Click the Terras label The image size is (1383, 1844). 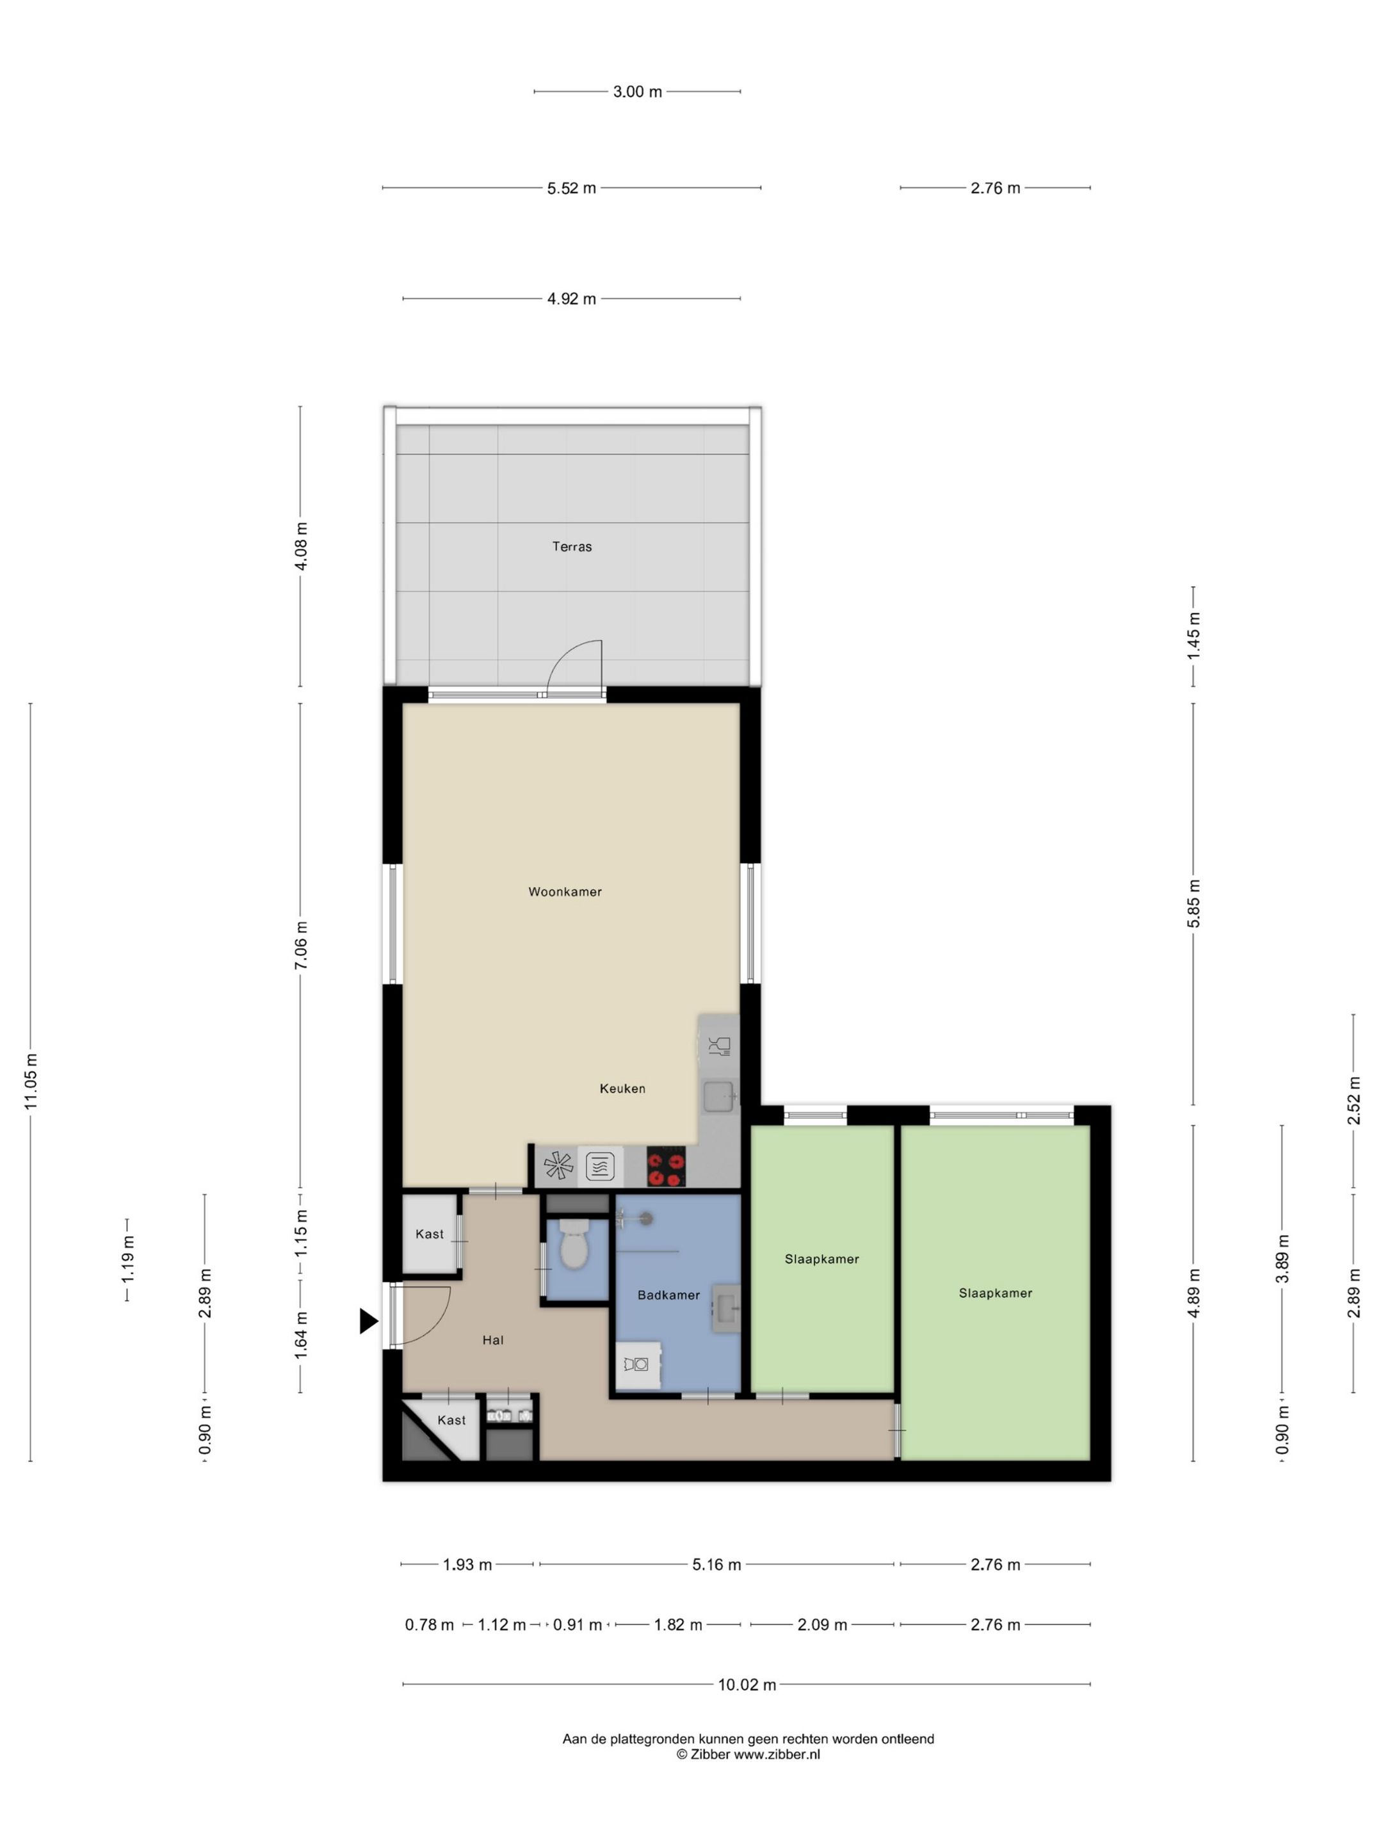(x=571, y=547)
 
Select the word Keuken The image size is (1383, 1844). (x=622, y=1088)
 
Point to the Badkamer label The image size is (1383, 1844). (x=668, y=1295)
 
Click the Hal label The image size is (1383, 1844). (x=492, y=1341)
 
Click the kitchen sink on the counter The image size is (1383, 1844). (x=718, y=1096)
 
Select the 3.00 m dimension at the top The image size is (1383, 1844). (x=637, y=92)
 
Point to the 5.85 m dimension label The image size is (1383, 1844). (x=1193, y=903)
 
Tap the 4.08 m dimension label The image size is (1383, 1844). (x=301, y=546)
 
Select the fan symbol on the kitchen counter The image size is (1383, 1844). (x=558, y=1165)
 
